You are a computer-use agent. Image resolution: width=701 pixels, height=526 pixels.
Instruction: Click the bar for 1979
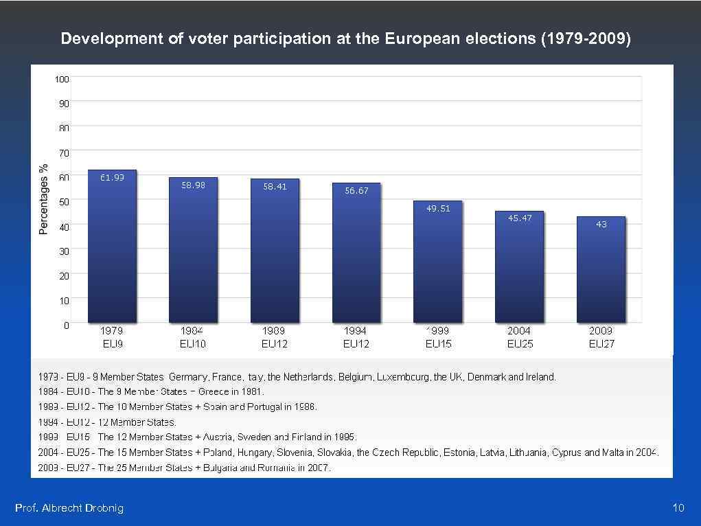click(x=113, y=247)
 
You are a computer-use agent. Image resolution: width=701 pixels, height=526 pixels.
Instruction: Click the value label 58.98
click(x=193, y=185)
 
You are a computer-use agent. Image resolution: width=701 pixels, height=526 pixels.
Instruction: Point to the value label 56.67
click(x=356, y=191)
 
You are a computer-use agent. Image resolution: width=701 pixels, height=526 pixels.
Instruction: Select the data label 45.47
click(x=520, y=218)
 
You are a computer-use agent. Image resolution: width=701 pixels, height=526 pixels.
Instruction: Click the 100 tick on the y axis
click(x=62, y=79)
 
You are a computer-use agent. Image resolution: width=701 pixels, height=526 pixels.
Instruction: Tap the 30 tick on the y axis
click(x=64, y=252)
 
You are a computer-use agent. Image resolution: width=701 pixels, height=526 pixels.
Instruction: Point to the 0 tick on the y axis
click(x=66, y=325)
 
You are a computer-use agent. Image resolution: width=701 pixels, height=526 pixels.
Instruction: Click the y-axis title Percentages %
click(x=43, y=199)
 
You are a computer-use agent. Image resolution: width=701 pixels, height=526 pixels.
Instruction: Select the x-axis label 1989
click(x=275, y=331)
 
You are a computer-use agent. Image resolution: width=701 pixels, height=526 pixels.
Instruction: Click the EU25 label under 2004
click(x=520, y=343)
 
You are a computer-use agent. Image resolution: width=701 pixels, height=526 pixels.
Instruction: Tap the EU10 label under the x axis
click(x=193, y=343)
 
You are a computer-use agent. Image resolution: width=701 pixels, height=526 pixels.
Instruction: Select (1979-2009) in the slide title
click(x=586, y=38)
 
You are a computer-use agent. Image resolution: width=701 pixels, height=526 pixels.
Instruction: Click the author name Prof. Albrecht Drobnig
click(x=69, y=508)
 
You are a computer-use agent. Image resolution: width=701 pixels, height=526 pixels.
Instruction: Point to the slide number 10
click(x=678, y=508)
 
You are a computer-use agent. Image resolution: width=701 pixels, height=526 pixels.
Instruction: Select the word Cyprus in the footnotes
click(x=567, y=453)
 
